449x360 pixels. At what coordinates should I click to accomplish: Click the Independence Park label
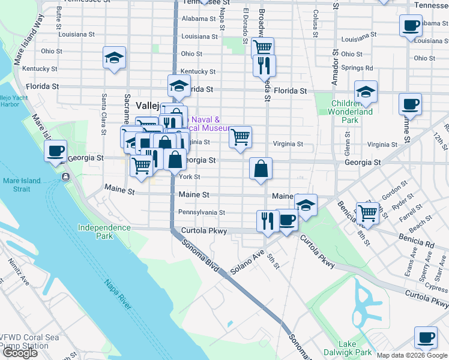coord(104,232)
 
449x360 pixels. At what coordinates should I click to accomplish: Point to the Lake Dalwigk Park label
coord(355,348)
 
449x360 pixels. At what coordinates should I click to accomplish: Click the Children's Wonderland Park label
coord(352,112)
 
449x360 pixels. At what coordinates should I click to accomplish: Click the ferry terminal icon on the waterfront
coord(65,176)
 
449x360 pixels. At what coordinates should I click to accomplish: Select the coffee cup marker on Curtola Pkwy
coord(287,220)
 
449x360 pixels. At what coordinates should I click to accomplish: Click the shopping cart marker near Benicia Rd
coord(366,212)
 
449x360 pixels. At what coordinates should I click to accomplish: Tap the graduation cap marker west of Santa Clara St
coord(114,58)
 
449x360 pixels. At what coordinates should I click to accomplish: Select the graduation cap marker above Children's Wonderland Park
coord(366,92)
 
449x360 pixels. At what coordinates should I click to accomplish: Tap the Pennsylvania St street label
coord(202,212)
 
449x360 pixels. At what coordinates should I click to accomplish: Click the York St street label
coord(190,177)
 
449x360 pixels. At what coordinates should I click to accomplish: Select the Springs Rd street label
coord(357,68)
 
